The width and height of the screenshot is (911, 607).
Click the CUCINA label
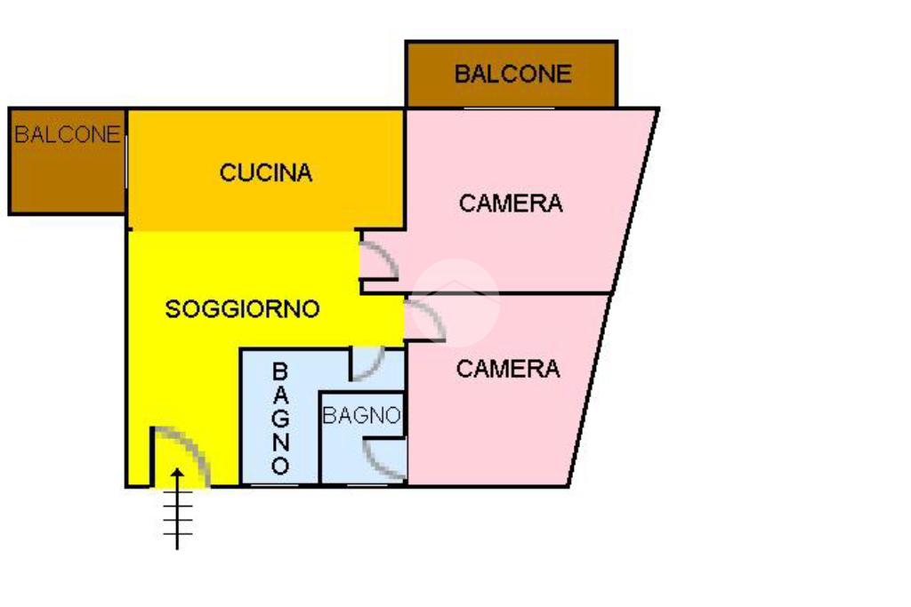tap(266, 172)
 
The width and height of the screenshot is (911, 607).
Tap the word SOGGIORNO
tap(242, 309)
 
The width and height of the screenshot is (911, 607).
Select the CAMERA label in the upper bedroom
tap(511, 204)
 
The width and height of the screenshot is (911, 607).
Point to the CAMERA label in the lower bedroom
tap(508, 368)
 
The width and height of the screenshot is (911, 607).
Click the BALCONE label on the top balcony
tap(512, 74)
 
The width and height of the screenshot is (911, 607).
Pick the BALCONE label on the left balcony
tap(67, 135)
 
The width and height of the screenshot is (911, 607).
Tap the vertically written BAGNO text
tap(280, 418)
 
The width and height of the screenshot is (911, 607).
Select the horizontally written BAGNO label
tap(360, 415)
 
